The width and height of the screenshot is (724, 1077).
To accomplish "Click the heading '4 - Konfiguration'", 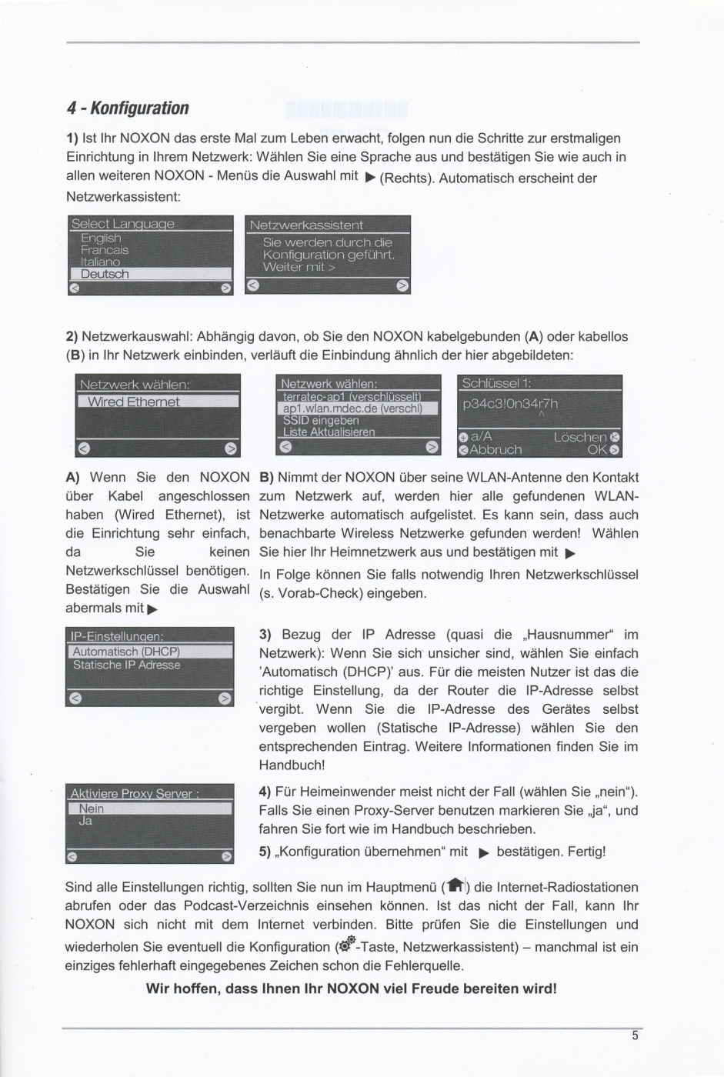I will pos(128,108).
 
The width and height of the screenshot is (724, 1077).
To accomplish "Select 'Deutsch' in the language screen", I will pos(105,274).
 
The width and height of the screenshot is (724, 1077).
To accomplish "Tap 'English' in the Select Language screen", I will pos(101,238).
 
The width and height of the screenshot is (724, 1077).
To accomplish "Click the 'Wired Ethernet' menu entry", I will pos(133,402).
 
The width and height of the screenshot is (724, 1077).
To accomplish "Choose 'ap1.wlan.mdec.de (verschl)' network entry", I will pos(353,408).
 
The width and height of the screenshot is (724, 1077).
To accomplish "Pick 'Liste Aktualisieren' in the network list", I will pos(329,432).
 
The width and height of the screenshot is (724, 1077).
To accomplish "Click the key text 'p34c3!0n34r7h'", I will pos(509,404).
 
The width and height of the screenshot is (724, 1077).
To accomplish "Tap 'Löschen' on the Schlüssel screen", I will pos(581,437).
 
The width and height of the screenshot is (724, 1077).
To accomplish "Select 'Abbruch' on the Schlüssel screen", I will pos(495,450).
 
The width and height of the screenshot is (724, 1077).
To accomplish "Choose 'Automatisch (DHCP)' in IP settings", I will pos(126,652).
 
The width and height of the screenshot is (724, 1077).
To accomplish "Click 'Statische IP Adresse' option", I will pos(127,665).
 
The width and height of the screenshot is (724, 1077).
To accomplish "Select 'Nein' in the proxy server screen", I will pos(91,809).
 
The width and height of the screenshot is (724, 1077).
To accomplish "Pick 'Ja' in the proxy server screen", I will pos(85,821).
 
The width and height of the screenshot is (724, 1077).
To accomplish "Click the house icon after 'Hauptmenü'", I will pos(456,886).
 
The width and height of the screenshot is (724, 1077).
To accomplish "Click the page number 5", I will pos(635,1035).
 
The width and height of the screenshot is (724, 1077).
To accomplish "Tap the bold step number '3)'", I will pos(265,635).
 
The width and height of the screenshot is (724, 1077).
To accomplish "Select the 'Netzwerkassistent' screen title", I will pos(306,225).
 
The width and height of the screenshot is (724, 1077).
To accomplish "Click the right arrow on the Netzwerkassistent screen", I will pos(402,286).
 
